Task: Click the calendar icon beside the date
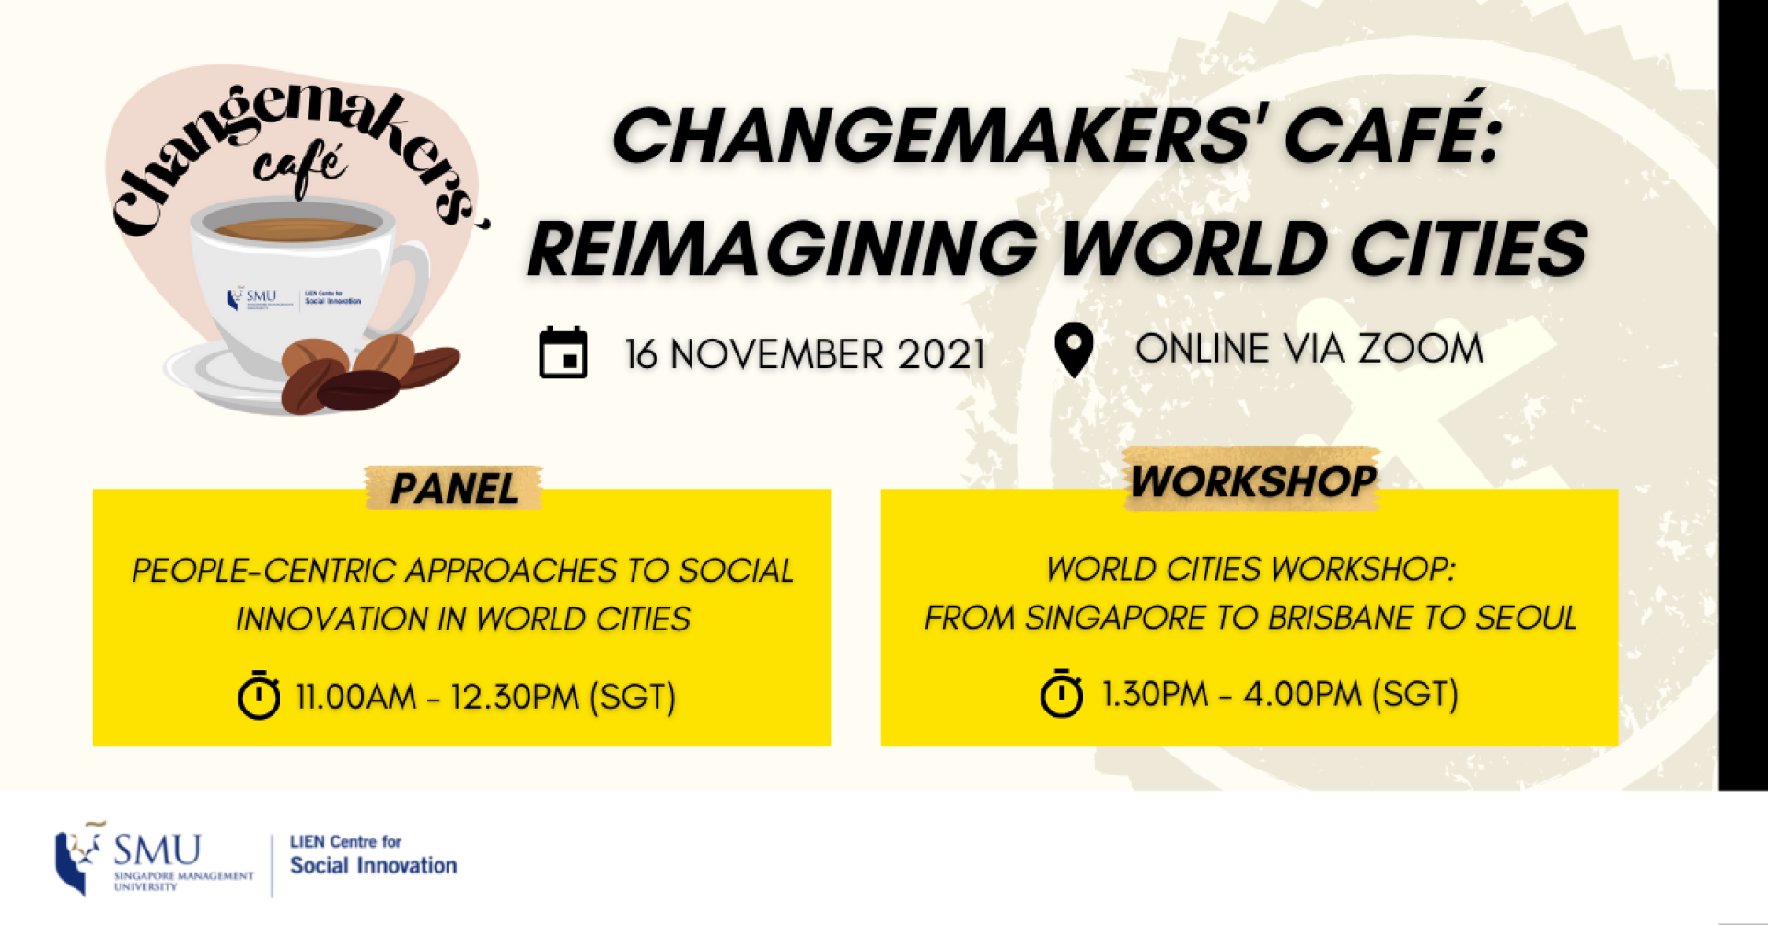(564, 353)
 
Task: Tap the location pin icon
(1074, 350)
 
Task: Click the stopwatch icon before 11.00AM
(259, 695)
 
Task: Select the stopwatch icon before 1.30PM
(1062, 693)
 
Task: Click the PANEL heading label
(454, 489)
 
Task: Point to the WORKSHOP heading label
(1253, 481)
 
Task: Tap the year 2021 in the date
(941, 354)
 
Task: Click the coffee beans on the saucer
(368, 373)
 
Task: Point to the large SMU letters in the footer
(157, 850)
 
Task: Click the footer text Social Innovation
(373, 865)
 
